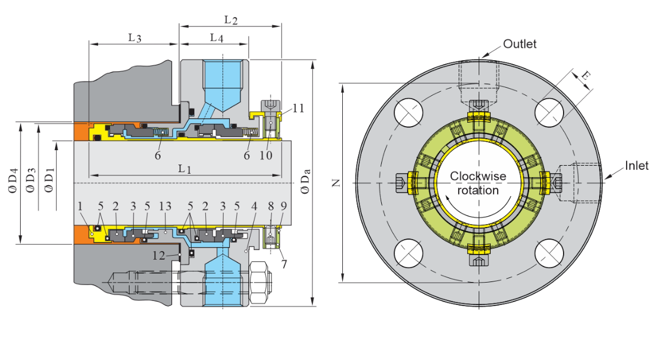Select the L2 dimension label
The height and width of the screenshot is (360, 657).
(x=231, y=20)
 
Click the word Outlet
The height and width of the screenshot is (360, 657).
(x=519, y=44)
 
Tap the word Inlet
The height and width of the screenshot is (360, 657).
(x=636, y=166)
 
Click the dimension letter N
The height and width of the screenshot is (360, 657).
(x=337, y=183)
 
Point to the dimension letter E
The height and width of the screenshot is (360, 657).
(x=585, y=76)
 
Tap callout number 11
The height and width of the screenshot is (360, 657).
(x=298, y=108)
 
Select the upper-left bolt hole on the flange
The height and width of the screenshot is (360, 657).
(x=409, y=112)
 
